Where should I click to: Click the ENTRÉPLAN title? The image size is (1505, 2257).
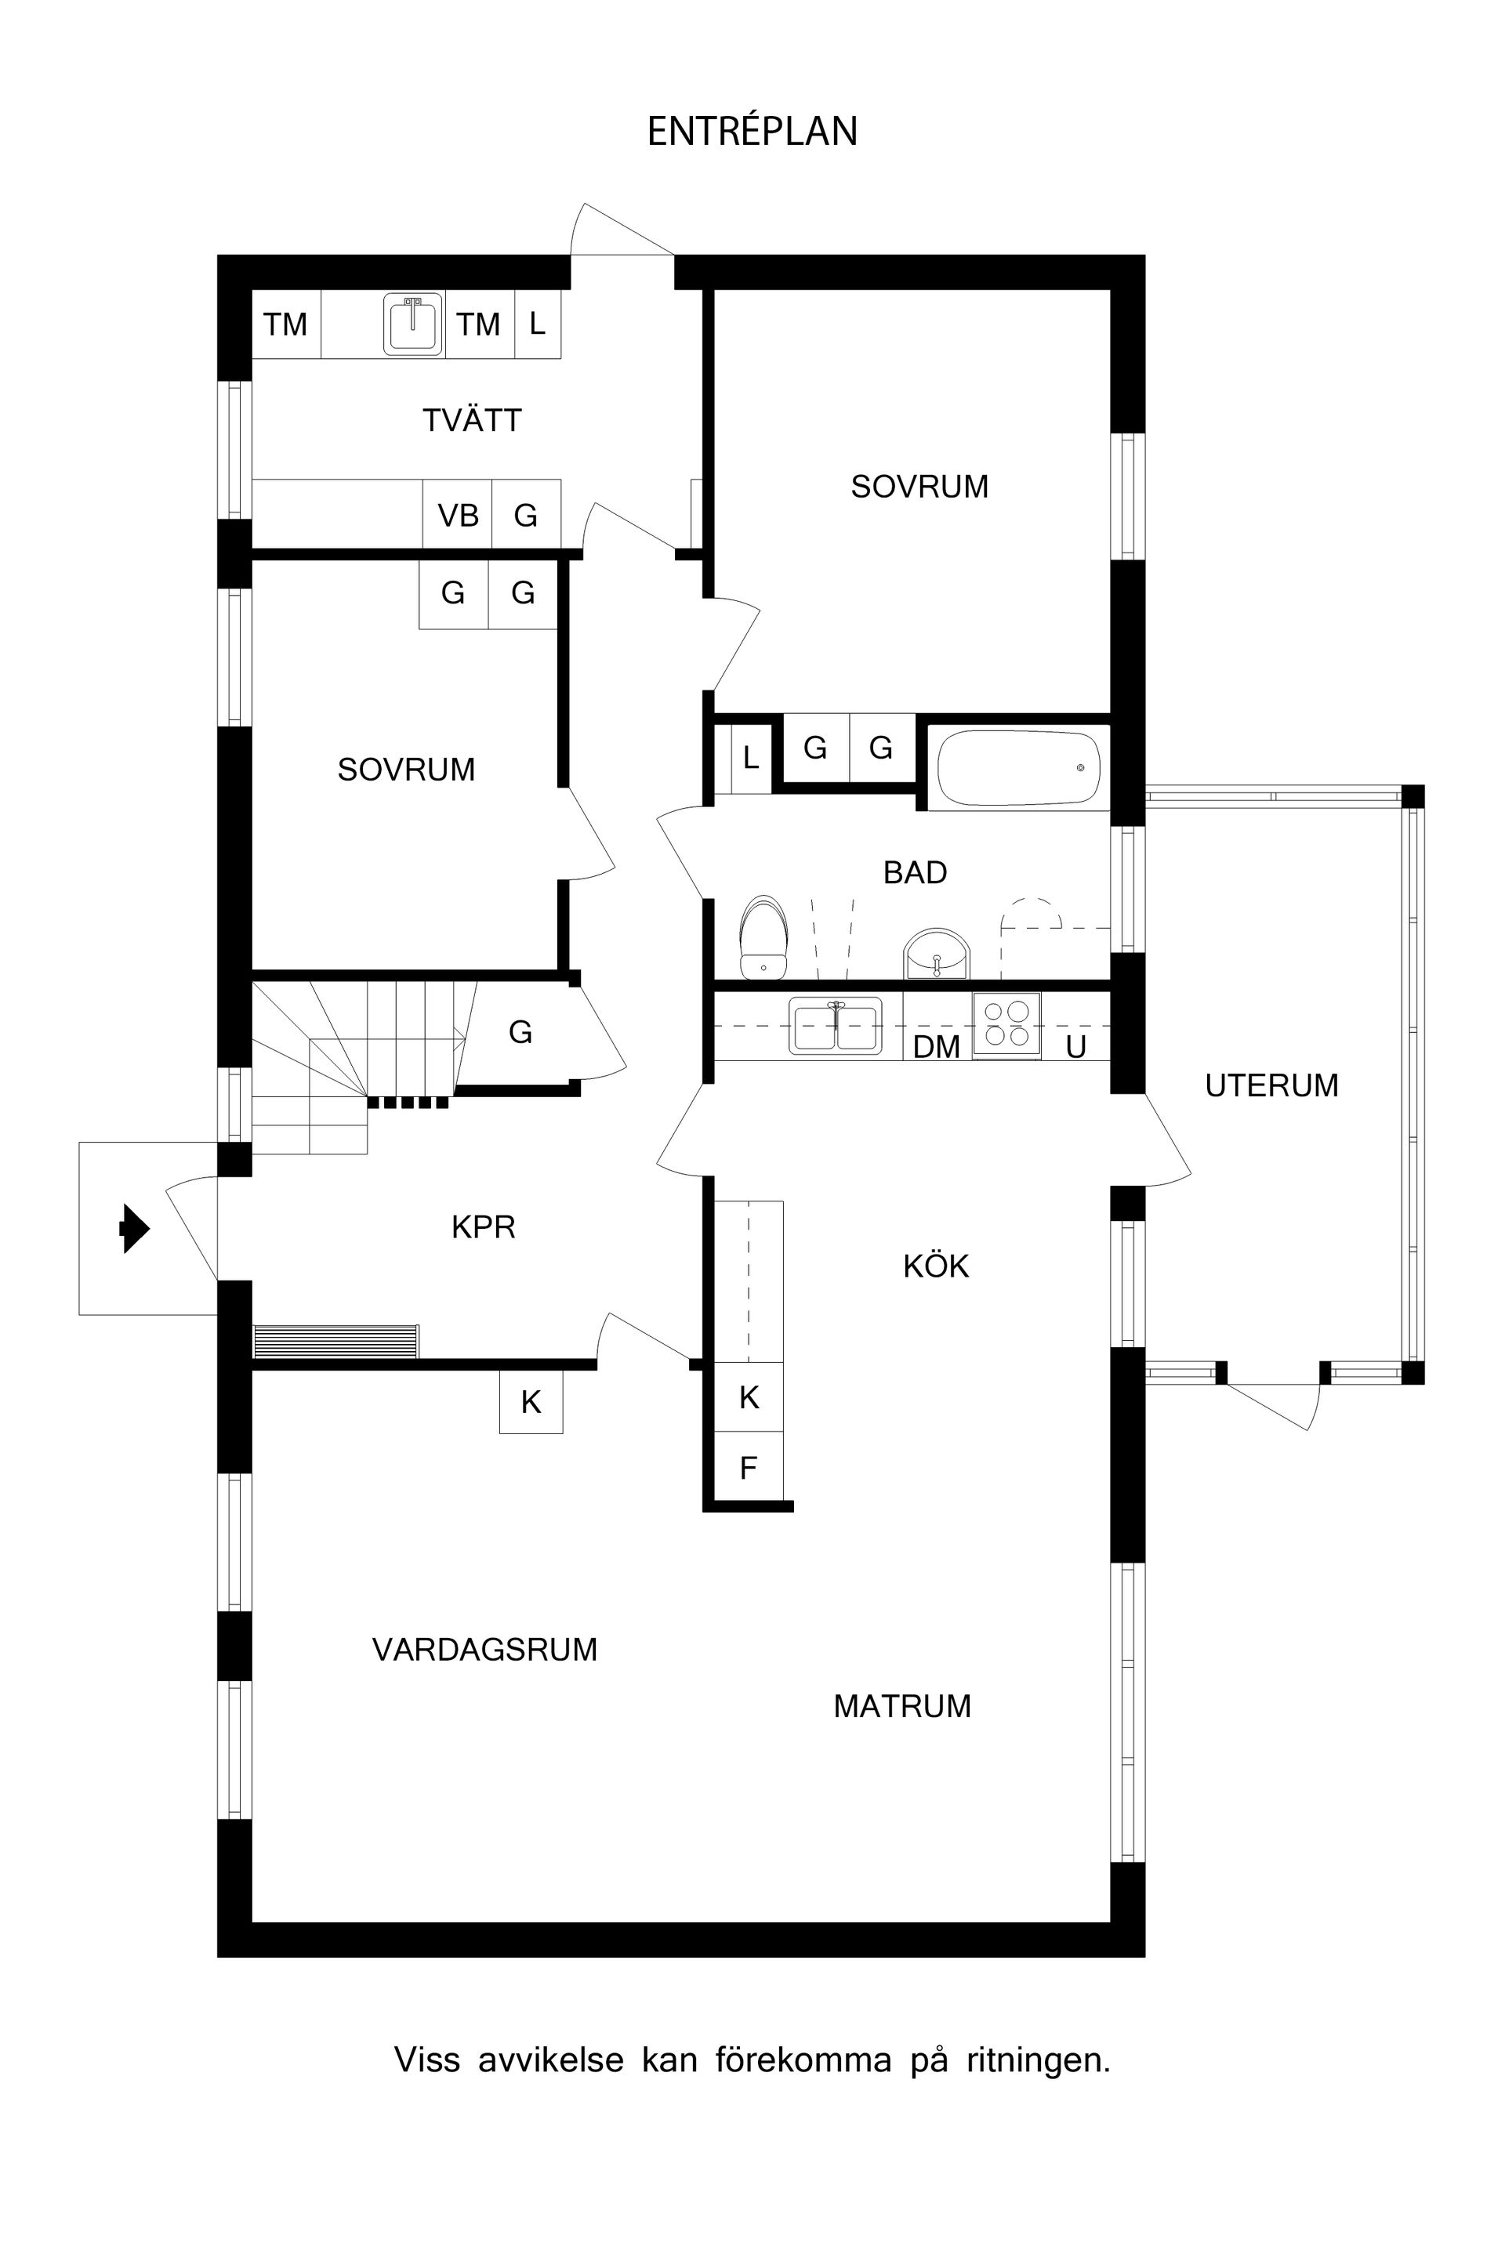point(752,132)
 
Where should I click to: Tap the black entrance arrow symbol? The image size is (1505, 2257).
point(134,1228)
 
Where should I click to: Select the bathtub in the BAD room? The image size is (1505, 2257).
point(1018,768)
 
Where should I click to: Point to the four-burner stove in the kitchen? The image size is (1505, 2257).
point(1006,1024)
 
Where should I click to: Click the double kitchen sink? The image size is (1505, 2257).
point(835,1026)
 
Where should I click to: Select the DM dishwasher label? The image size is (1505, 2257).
point(936,1047)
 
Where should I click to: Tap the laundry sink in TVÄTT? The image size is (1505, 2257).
point(414,324)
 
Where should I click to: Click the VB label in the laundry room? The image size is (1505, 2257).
point(458,516)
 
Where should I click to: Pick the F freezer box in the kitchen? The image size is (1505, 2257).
point(749,1467)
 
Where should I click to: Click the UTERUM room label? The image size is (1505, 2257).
point(1271,1085)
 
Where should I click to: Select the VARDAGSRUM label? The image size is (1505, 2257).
point(484,1650)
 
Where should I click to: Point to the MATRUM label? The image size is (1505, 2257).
point(901,1706)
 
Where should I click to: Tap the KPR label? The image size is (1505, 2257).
point(483,1227)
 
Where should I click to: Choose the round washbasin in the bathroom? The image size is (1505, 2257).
point(937,955)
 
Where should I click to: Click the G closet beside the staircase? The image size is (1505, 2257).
point(520,1033)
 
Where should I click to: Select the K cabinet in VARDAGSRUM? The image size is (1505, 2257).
point(531,1403)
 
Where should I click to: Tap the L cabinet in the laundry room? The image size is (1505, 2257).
point(538,324)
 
